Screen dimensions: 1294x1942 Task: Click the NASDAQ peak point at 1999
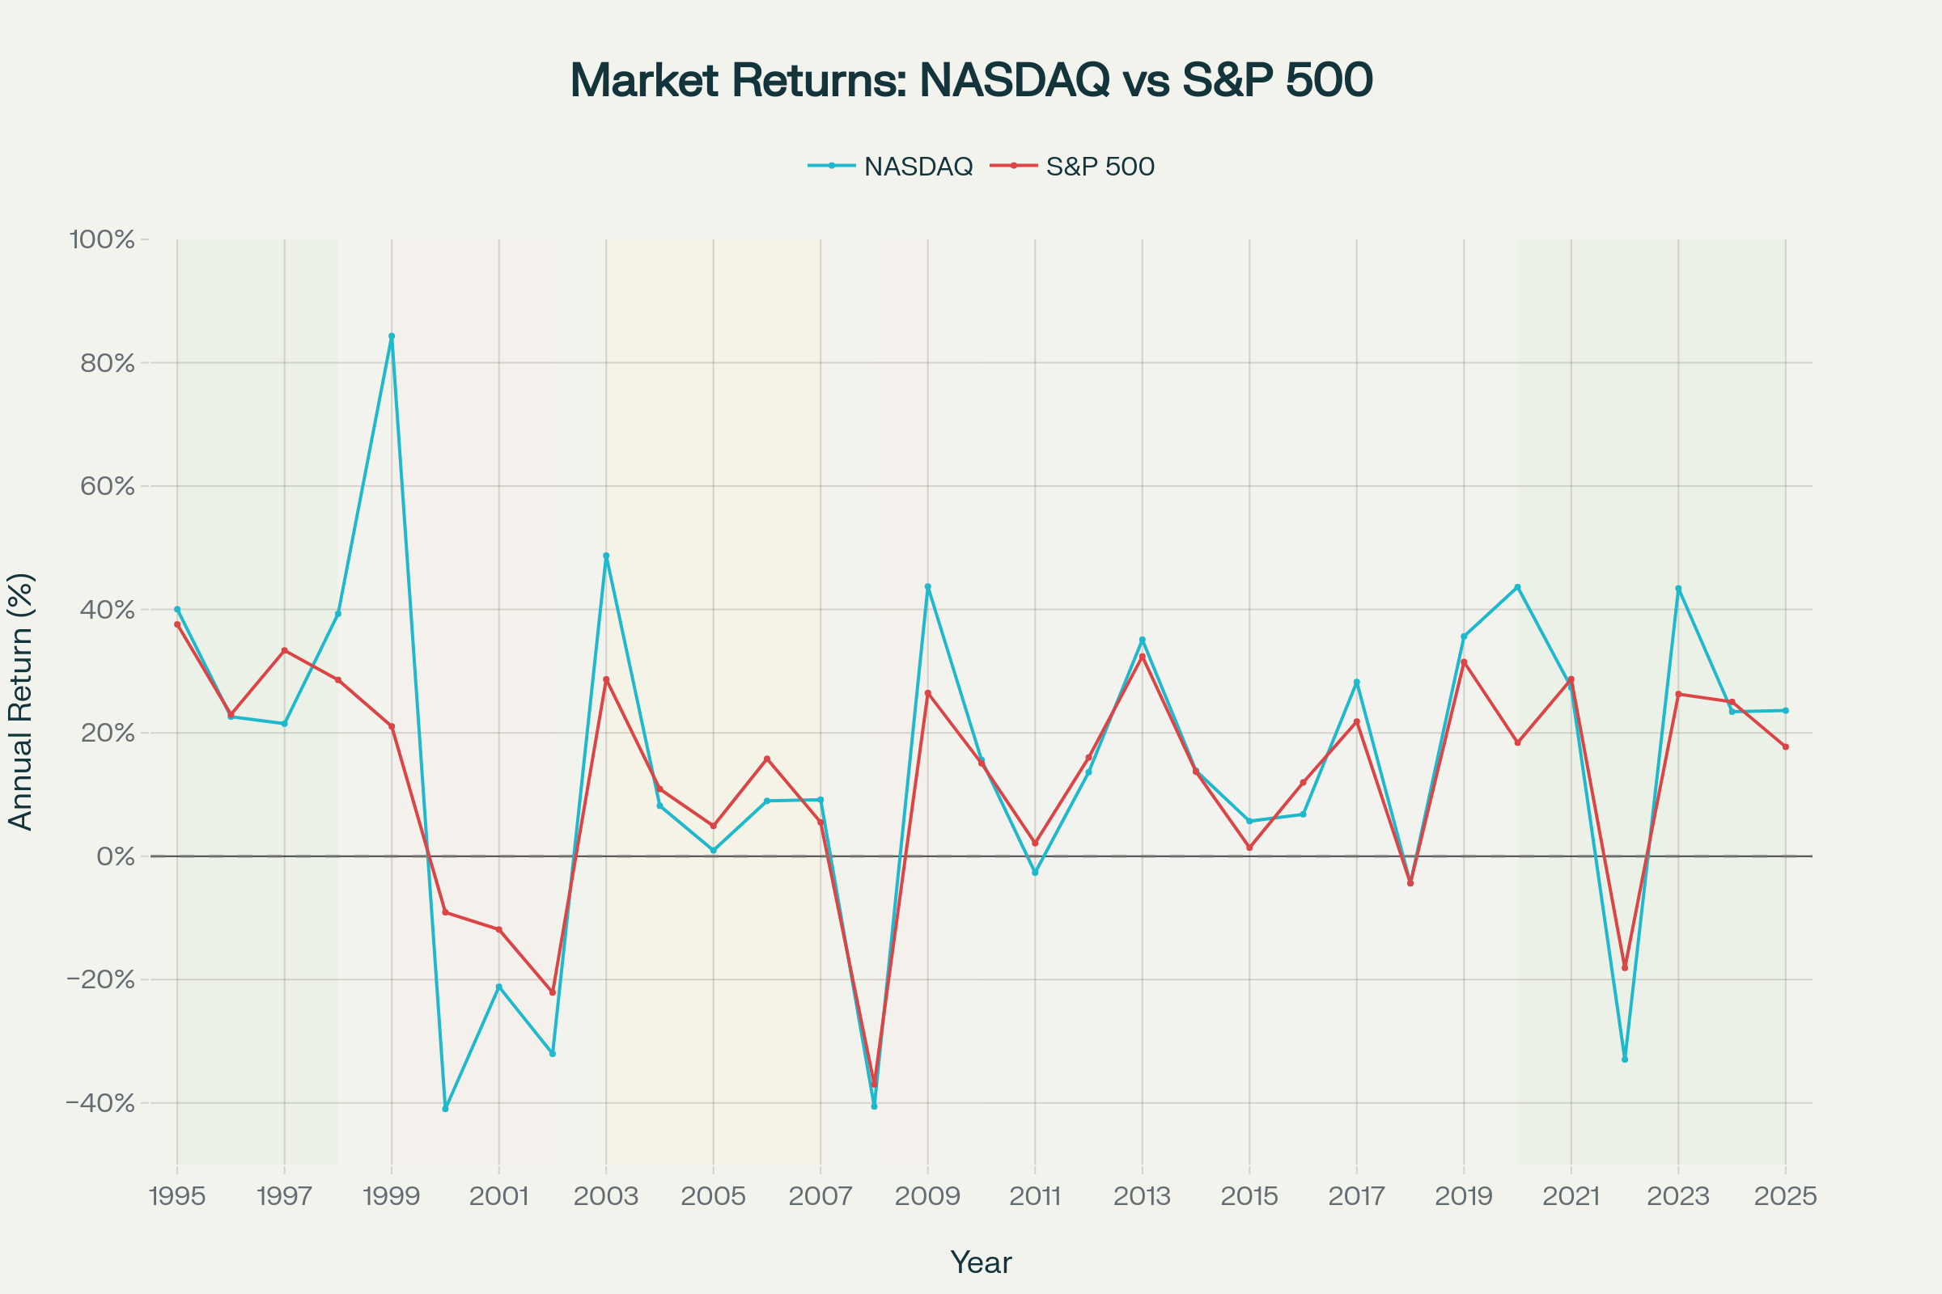coord(392,336)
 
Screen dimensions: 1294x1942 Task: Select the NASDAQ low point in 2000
coord(445,1109)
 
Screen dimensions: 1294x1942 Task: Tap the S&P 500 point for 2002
coord(553,993)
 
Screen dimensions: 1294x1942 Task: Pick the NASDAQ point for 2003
coord(606,556)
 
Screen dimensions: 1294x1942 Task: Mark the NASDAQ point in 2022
coord(1625,1059)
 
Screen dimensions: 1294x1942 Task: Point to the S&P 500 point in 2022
coord(1625,968)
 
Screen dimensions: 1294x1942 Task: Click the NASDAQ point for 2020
coord(1518,587)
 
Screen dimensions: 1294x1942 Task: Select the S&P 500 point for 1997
coord(284,650)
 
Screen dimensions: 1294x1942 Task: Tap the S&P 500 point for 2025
coord(1786,746)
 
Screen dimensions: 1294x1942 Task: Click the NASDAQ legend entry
coord(891,167)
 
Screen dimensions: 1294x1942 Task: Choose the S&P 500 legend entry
coord(1083,167)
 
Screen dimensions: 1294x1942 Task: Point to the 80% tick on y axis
coord(108,363)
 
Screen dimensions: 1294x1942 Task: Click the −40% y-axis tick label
coord(100,1103)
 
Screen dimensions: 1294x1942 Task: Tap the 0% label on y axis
coord(116,856)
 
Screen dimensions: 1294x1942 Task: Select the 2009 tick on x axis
coord(927,1197)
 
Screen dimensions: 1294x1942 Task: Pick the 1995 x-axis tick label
coord(176,1197)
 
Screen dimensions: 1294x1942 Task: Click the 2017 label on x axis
coord(1356,1197)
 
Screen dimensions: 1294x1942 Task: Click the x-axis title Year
coord(980,1262)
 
